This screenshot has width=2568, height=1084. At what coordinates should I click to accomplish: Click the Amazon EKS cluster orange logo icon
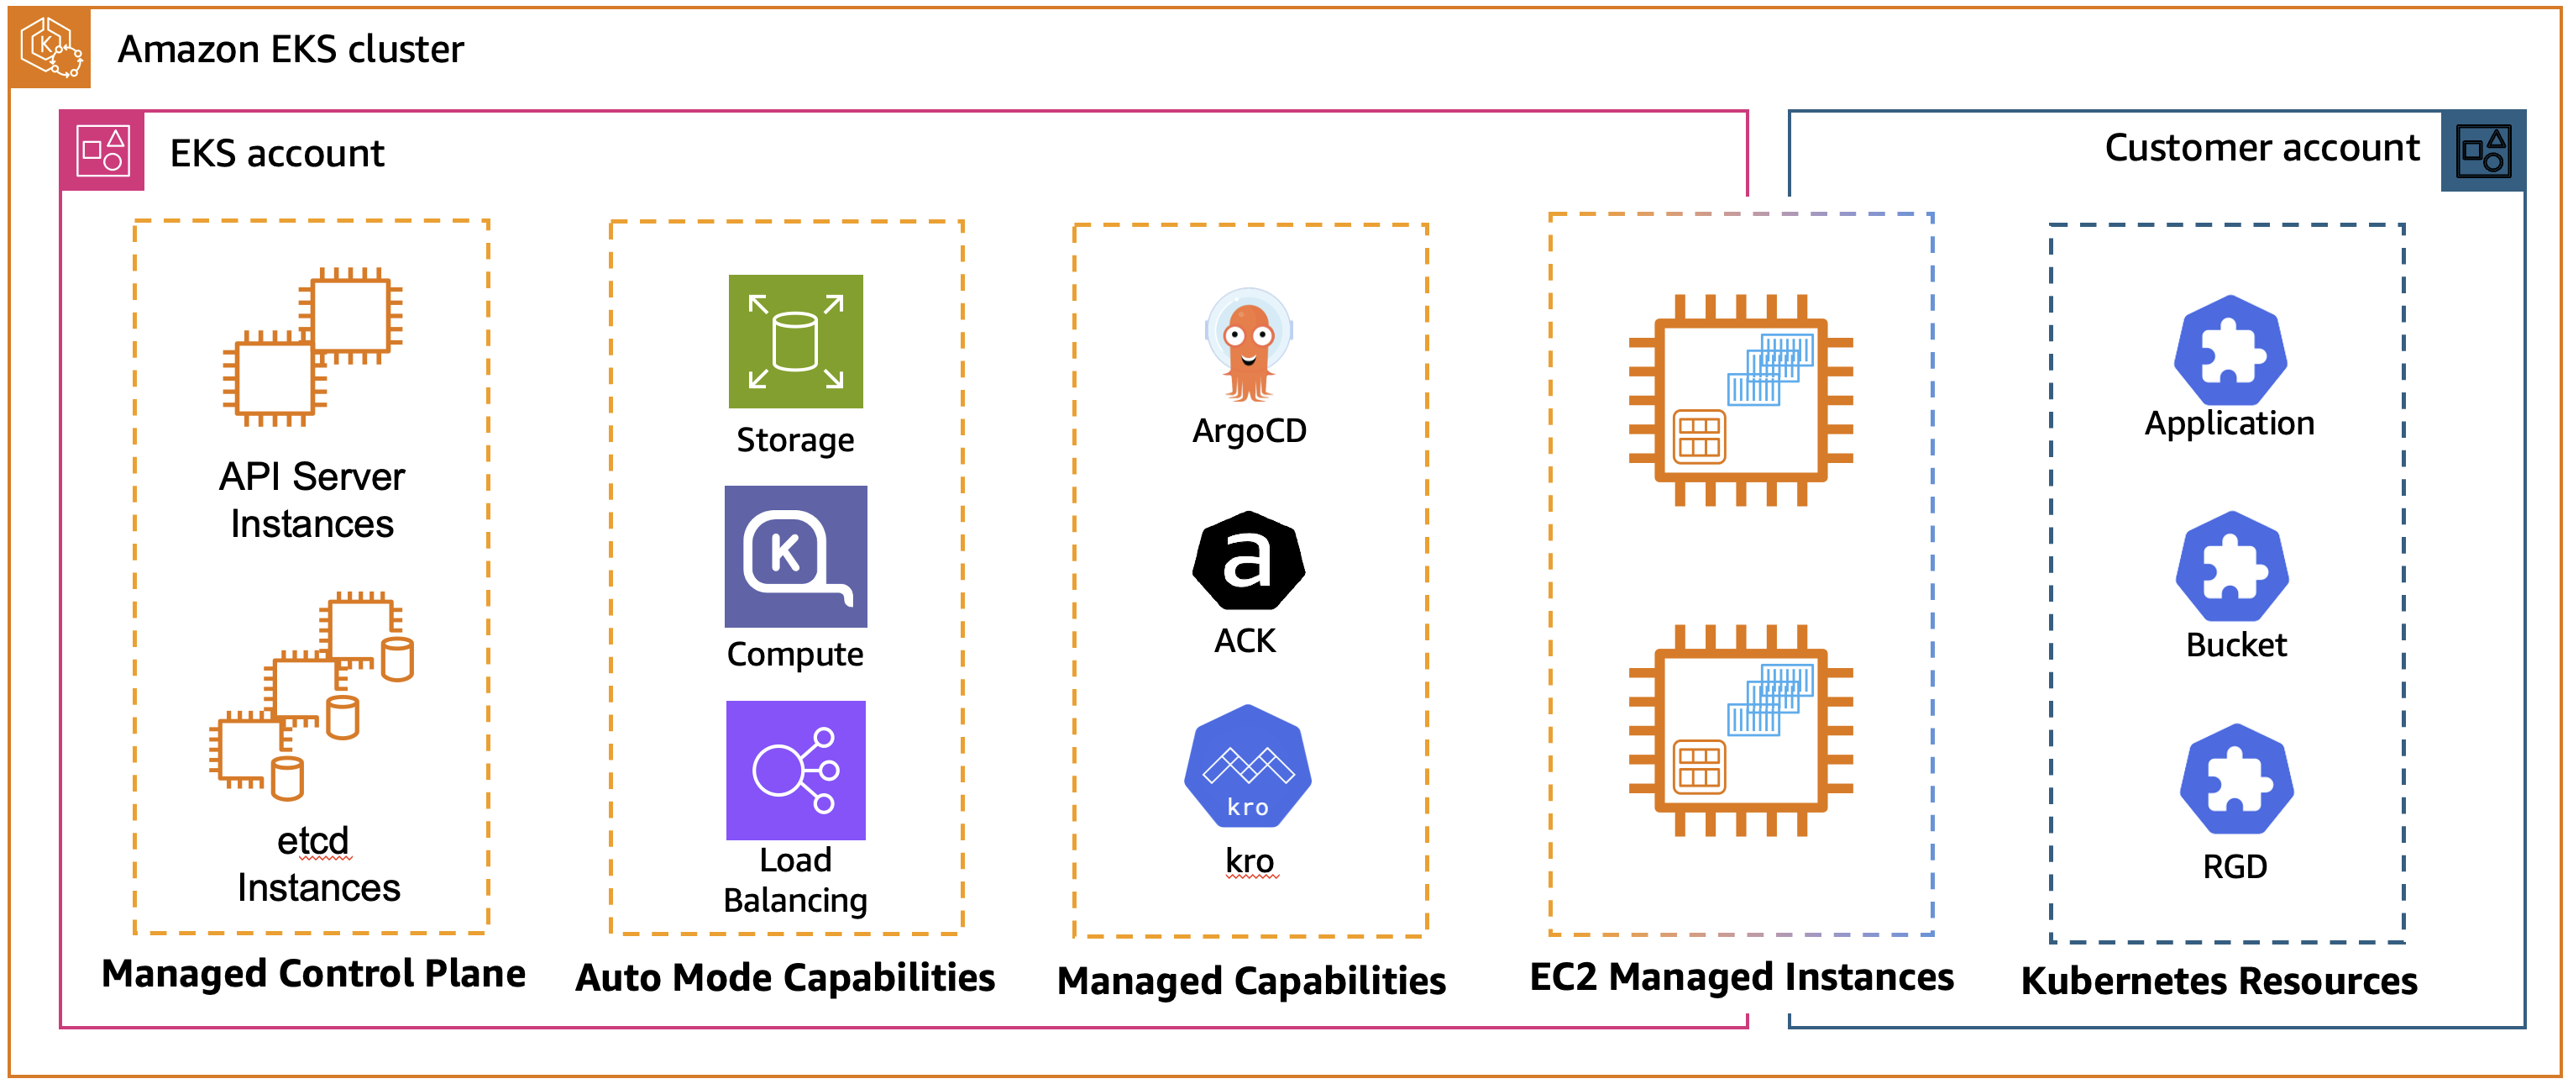pyautogui.click(x=50, y=48)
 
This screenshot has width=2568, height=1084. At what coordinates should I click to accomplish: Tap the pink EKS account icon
pyautogui.click(x=102, y=151)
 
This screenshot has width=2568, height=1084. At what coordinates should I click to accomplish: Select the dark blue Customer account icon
pyautogui.click(x=2482, y=151)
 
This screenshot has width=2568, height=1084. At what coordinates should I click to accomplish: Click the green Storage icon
pyautogui.click(x=795, y=341)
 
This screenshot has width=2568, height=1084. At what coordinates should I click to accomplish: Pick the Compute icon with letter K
pyautogui.click(x=795, y=556)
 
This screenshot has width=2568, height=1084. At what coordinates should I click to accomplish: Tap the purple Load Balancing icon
pyautogui.click(x=795, y=770)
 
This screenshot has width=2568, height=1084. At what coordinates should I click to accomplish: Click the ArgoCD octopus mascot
pyautogui.click(x=1248, y=344)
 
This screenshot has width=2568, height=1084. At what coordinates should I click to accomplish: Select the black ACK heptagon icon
pyautogui.click(x=1248, y=560)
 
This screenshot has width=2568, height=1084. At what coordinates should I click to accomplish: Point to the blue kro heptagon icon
pyautogui.click(x=1248, y=766)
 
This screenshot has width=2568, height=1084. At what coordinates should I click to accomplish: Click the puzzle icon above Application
pyautogui.click(x=2230, y=351)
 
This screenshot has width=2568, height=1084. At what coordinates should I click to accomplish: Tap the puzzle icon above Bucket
pyautogui.click(x=2232, y=567)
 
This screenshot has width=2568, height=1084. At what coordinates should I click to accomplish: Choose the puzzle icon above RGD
pyautogui.click(x=2236, y=779)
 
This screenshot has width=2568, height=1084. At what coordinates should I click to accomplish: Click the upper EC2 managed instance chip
pyautogui.click(x=1741, y=400)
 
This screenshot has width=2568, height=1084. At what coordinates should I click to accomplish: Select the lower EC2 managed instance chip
pyautogui.click(x=1741, y=730)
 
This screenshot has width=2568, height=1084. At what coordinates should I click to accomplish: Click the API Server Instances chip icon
pyautogui.click(x=312, y=346)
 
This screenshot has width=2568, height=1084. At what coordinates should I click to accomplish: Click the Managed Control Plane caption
pyautogui.click(x=313, y=973)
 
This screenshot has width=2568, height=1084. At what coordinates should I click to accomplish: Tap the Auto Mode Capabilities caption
pyautogui.click(x=785, y=977)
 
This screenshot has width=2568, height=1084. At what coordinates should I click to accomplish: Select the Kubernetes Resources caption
pyautogui.click(x=2219, y=981)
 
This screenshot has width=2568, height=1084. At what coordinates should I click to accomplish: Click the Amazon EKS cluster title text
pyautogui.click(x=290, y=49)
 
